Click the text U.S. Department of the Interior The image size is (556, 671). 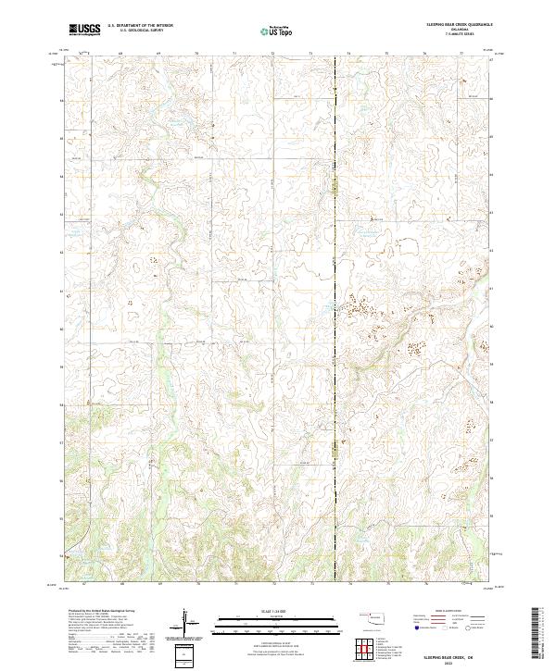tap(140, 26)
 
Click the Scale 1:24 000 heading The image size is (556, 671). tap(277, 610)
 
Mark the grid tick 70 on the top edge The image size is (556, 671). tap(196, 54)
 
